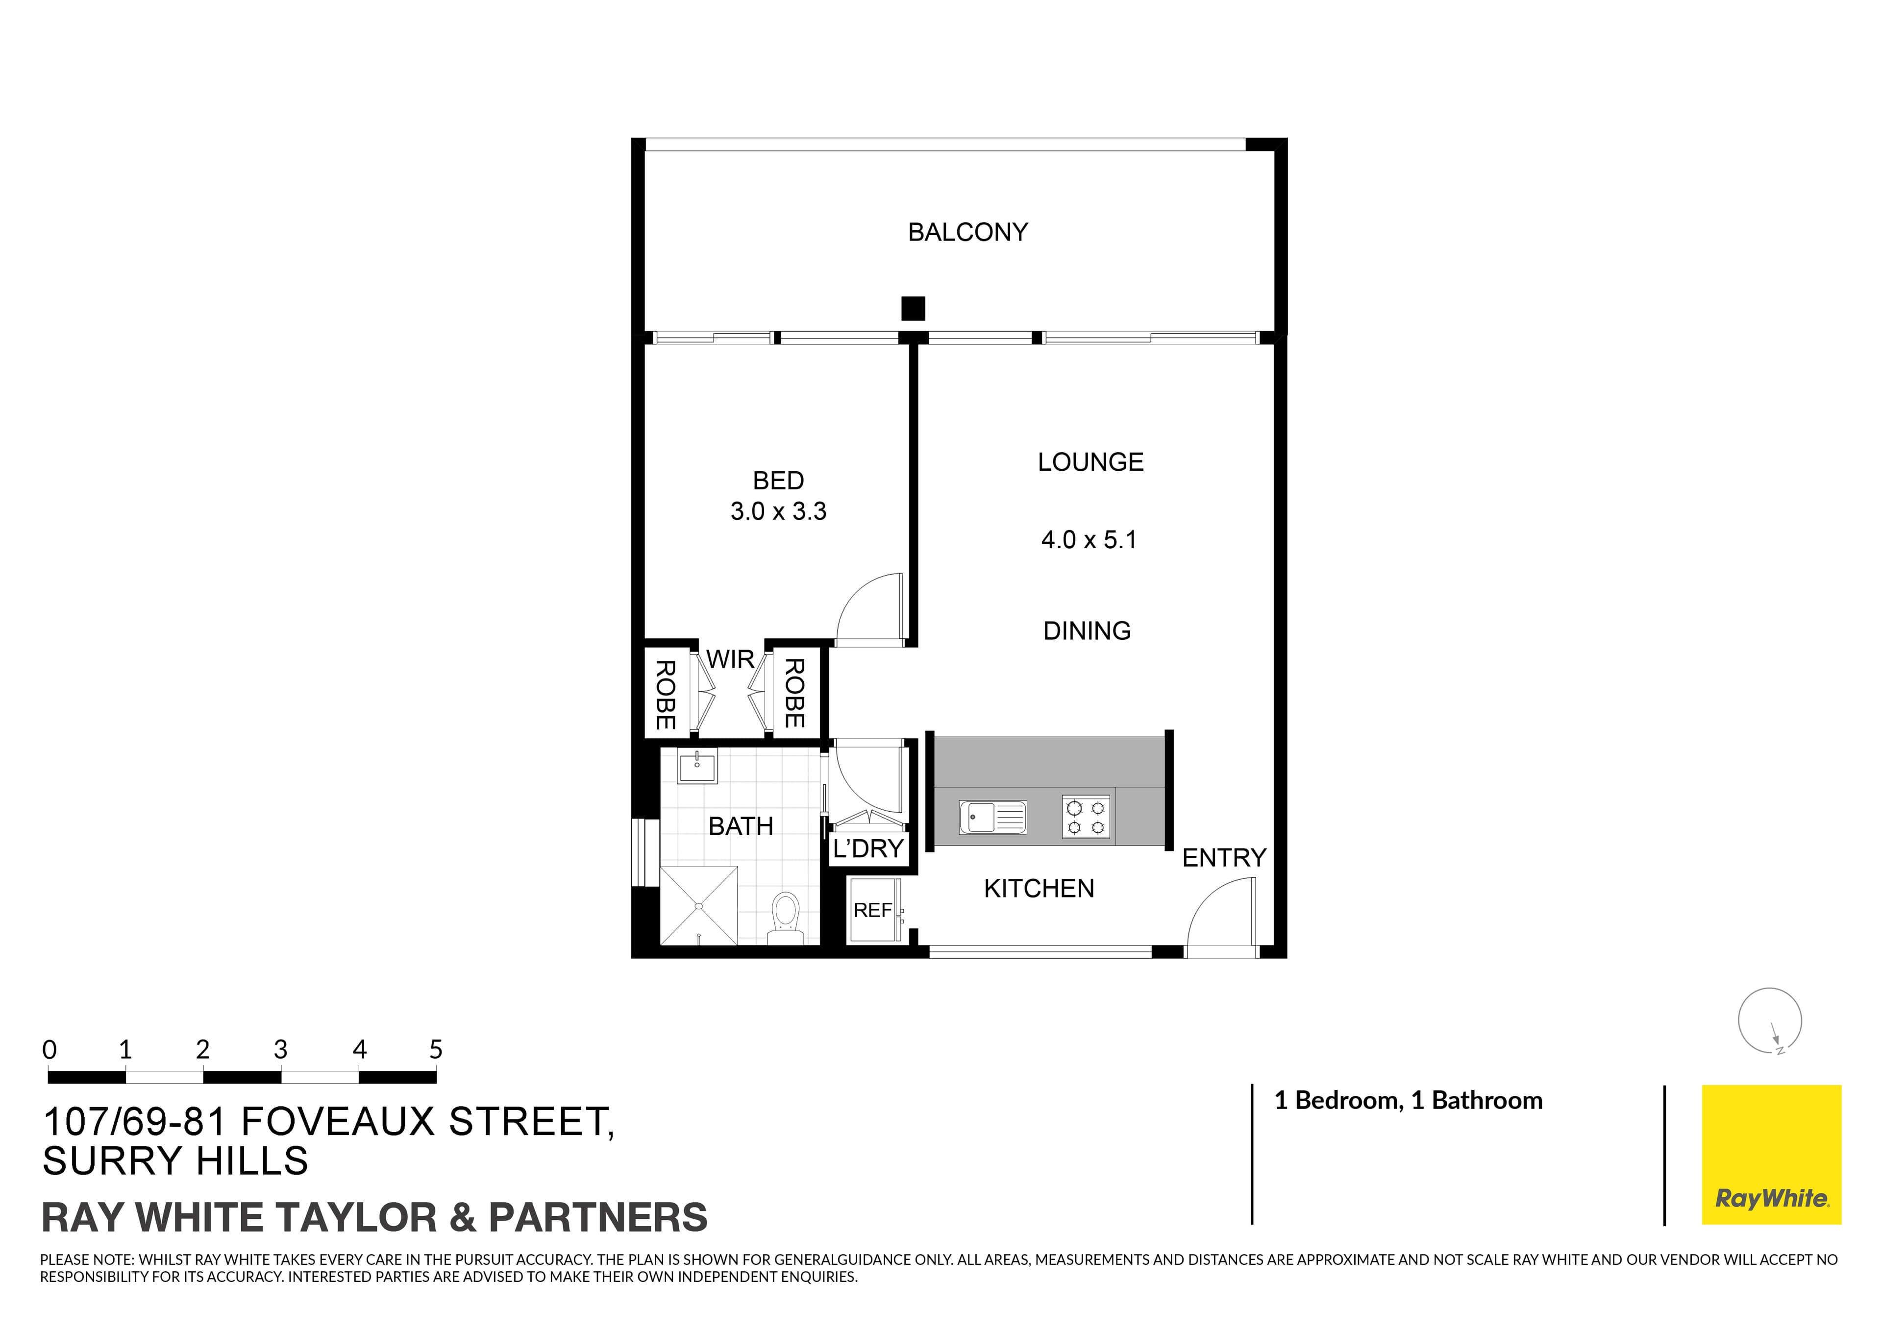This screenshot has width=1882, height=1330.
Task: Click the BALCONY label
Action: [967, 233]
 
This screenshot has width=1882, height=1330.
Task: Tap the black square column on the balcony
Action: [913, 308]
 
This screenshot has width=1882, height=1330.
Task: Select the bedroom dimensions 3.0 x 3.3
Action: [778, 511]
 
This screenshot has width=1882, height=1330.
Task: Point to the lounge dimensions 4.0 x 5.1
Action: [1089, 540]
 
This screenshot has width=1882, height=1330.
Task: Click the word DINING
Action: [1087, 631]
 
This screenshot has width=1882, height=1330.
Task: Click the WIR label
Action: [730, 659]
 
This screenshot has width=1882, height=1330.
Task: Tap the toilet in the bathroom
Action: [785, 916]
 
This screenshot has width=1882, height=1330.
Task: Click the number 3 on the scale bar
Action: [280, 1050]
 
